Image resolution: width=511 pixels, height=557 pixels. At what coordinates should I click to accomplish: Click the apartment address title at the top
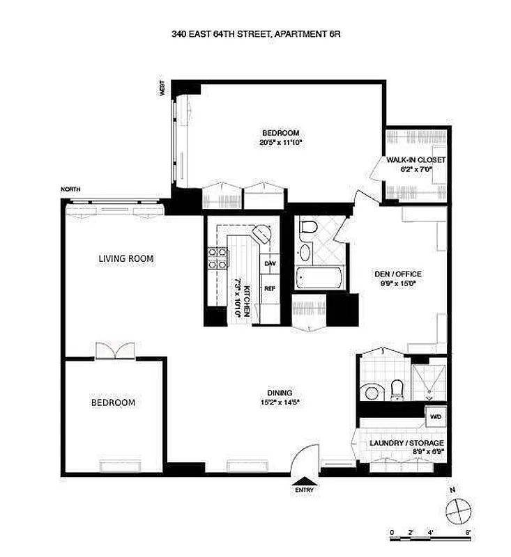click(256, 33)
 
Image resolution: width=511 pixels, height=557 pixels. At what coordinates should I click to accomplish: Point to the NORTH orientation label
click(70, 189)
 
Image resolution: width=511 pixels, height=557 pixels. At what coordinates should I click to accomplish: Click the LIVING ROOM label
click(125, 258)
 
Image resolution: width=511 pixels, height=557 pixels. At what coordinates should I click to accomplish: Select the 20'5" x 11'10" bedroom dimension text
click(280, 142)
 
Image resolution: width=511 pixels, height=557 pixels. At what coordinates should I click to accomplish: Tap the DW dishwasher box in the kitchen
click(270, 264)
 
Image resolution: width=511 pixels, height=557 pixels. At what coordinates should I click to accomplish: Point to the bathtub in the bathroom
click(319, 280)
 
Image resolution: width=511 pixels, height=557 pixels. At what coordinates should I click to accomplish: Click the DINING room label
click(280, 393)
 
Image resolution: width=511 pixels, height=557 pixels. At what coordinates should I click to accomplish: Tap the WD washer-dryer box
click(435, 417)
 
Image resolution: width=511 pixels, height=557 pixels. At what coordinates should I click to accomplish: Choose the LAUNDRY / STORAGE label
click(406, 443)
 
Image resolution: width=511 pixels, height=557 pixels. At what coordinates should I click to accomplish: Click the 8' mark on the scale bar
click(468, 533)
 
